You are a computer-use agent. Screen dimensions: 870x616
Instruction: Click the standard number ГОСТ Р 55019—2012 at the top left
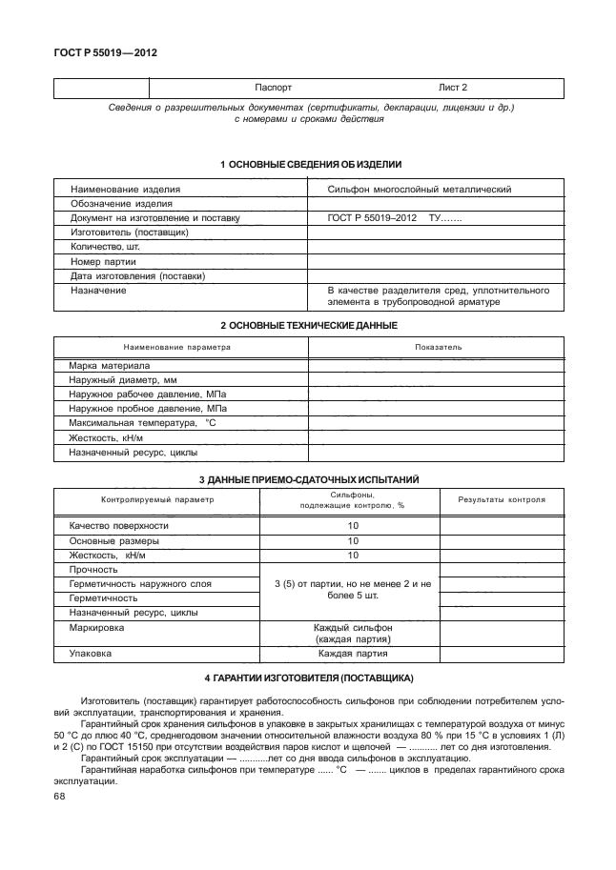tap(104, 53)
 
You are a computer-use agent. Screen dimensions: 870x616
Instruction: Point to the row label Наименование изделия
tap(125, 190)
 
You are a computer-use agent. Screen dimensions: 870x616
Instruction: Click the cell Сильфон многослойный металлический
tap(420, 190)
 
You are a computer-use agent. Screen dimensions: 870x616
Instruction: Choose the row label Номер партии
tap(103, 261)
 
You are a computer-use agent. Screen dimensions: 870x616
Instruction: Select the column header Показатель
tap(438, 347)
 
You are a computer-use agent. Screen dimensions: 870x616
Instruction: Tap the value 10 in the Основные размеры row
tap(353, 540)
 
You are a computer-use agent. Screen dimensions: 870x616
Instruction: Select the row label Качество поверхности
tap(119, 526)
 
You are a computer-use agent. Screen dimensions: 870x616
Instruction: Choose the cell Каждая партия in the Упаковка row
tap(353, 656)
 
